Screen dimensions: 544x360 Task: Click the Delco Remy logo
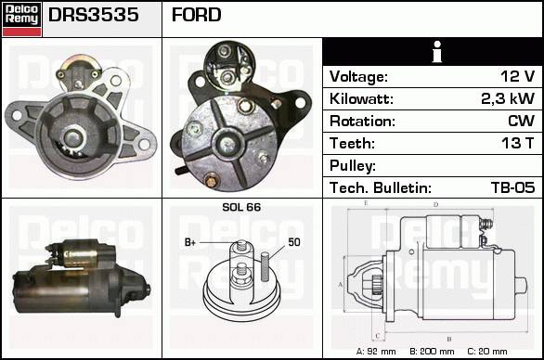click(x=22, y=19)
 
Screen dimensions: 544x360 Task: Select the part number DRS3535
click(x=94, y=15)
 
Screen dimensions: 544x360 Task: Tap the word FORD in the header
click(x=197, y=15)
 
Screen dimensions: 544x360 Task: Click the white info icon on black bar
click(x=437, y=52)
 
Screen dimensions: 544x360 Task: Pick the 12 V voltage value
click(x=518, y=76)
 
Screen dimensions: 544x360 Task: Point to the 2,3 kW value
click(x=508, y=98)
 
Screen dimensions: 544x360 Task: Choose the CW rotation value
click(x=522, y=121)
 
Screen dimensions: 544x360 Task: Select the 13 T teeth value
click(x=518, y=143)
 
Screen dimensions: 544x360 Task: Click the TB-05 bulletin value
click(x=513, y=187)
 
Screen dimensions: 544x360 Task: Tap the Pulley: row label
click(x=353, y=166)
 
